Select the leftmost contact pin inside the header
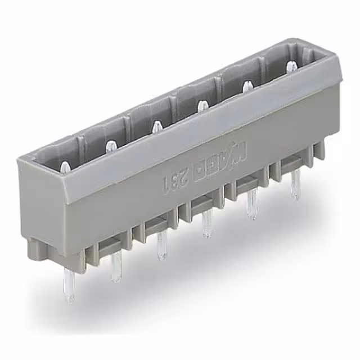click(66, 167)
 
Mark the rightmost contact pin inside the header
click(291, 67)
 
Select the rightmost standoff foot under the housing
click(319, 149)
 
